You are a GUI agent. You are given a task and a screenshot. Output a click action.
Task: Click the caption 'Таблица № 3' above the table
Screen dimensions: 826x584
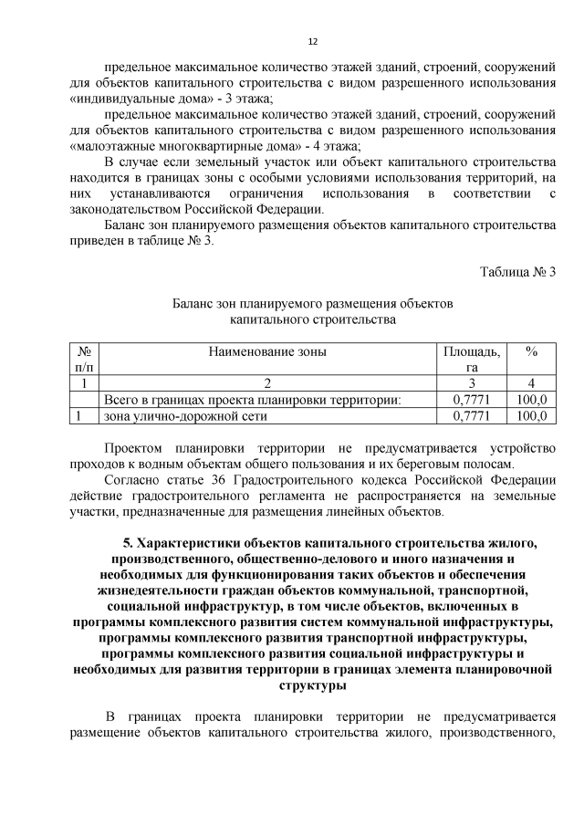[x=517, y=270]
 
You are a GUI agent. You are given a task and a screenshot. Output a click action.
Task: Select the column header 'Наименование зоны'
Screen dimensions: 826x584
[x=267, y=351]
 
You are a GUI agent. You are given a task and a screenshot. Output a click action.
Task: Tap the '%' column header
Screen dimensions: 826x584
[x=530, y=351]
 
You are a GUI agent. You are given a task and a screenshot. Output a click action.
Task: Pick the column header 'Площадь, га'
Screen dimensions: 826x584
[x=471, y=359]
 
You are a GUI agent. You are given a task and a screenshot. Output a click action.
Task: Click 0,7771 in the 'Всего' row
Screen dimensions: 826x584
[x=471, y=400]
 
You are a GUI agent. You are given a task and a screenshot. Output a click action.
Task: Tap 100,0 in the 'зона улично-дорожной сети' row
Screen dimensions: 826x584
[x=530, y=416]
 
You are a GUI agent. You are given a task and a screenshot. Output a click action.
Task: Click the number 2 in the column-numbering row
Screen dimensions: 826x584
[x=267, y=383]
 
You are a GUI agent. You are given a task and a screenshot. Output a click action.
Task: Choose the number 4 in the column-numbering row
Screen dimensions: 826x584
[x=530, y=383]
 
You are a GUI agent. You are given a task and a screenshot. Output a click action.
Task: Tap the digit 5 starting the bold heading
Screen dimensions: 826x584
[x=128, y=545]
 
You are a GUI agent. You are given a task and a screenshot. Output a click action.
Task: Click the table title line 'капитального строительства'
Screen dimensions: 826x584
[x=312, y=319]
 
